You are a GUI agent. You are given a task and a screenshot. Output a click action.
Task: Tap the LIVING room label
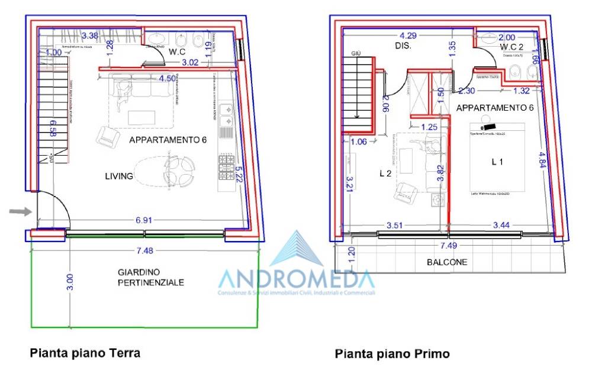[x=119, y=176]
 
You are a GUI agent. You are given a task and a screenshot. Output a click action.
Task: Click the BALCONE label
[x=448, y=262]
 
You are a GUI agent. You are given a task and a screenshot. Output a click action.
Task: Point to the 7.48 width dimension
[x=144, y=250]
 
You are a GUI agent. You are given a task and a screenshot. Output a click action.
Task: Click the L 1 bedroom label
[x=497, y=161]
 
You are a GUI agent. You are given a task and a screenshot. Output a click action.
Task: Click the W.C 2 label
[x=513, y=46]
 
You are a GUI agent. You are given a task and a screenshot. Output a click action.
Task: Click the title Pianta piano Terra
[x=85, y=353]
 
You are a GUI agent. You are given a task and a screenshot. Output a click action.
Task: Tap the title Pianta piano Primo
[x=392, y=353]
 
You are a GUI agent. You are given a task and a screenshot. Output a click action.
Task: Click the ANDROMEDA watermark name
[x=296, y=279]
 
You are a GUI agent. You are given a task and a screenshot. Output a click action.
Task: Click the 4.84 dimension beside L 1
[x=543, y=160]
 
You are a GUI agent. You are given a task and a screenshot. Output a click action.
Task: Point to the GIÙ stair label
[x=356, y=53]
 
